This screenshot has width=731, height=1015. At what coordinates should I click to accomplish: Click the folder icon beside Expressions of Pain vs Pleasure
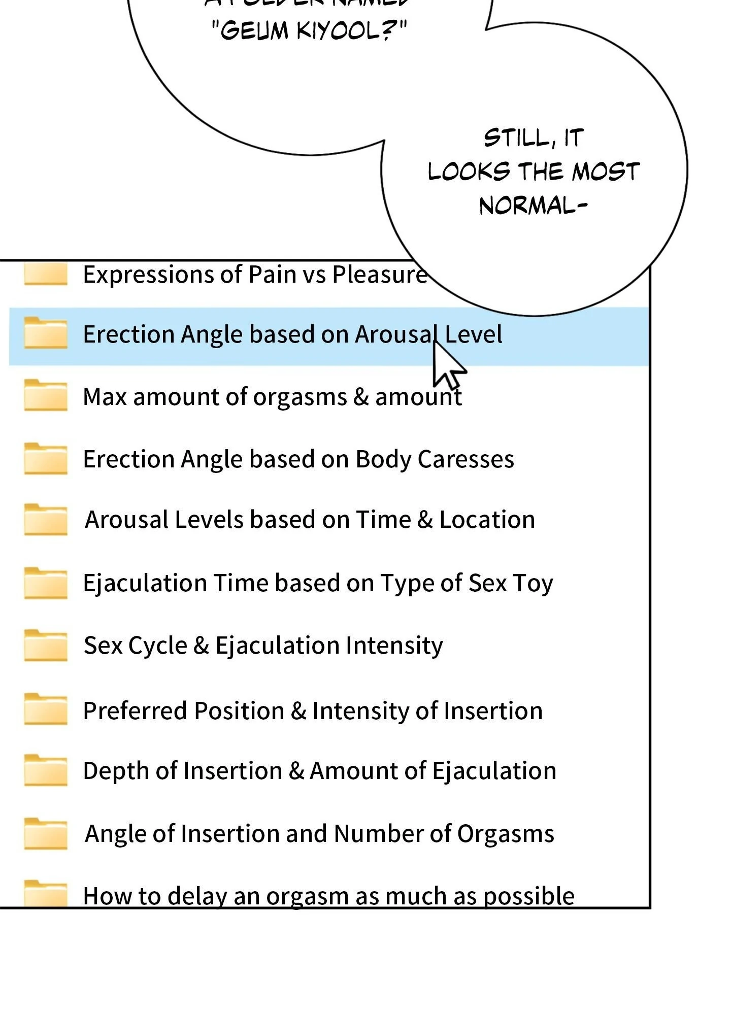[46, 275]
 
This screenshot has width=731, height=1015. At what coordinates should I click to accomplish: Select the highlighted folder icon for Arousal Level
[46, 334]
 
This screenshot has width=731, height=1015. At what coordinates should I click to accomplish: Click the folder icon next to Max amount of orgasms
[46, 396]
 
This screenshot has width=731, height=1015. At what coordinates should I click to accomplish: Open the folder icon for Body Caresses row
[46, 459]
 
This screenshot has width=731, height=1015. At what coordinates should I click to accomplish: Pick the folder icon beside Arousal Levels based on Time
[46, 520]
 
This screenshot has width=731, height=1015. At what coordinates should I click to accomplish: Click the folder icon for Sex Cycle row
[46, 646]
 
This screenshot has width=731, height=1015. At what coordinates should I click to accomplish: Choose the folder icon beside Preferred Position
[46, 709]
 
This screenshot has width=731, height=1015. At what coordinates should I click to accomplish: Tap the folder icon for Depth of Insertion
[46, 771]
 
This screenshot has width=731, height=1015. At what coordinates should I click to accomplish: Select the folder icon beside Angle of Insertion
[46, 834]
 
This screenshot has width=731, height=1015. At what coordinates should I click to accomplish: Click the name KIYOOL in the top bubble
[345, 30]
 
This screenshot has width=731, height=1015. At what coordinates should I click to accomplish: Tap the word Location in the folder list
[487, 520]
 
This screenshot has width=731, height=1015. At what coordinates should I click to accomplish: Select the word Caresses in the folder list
[466, 459]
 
